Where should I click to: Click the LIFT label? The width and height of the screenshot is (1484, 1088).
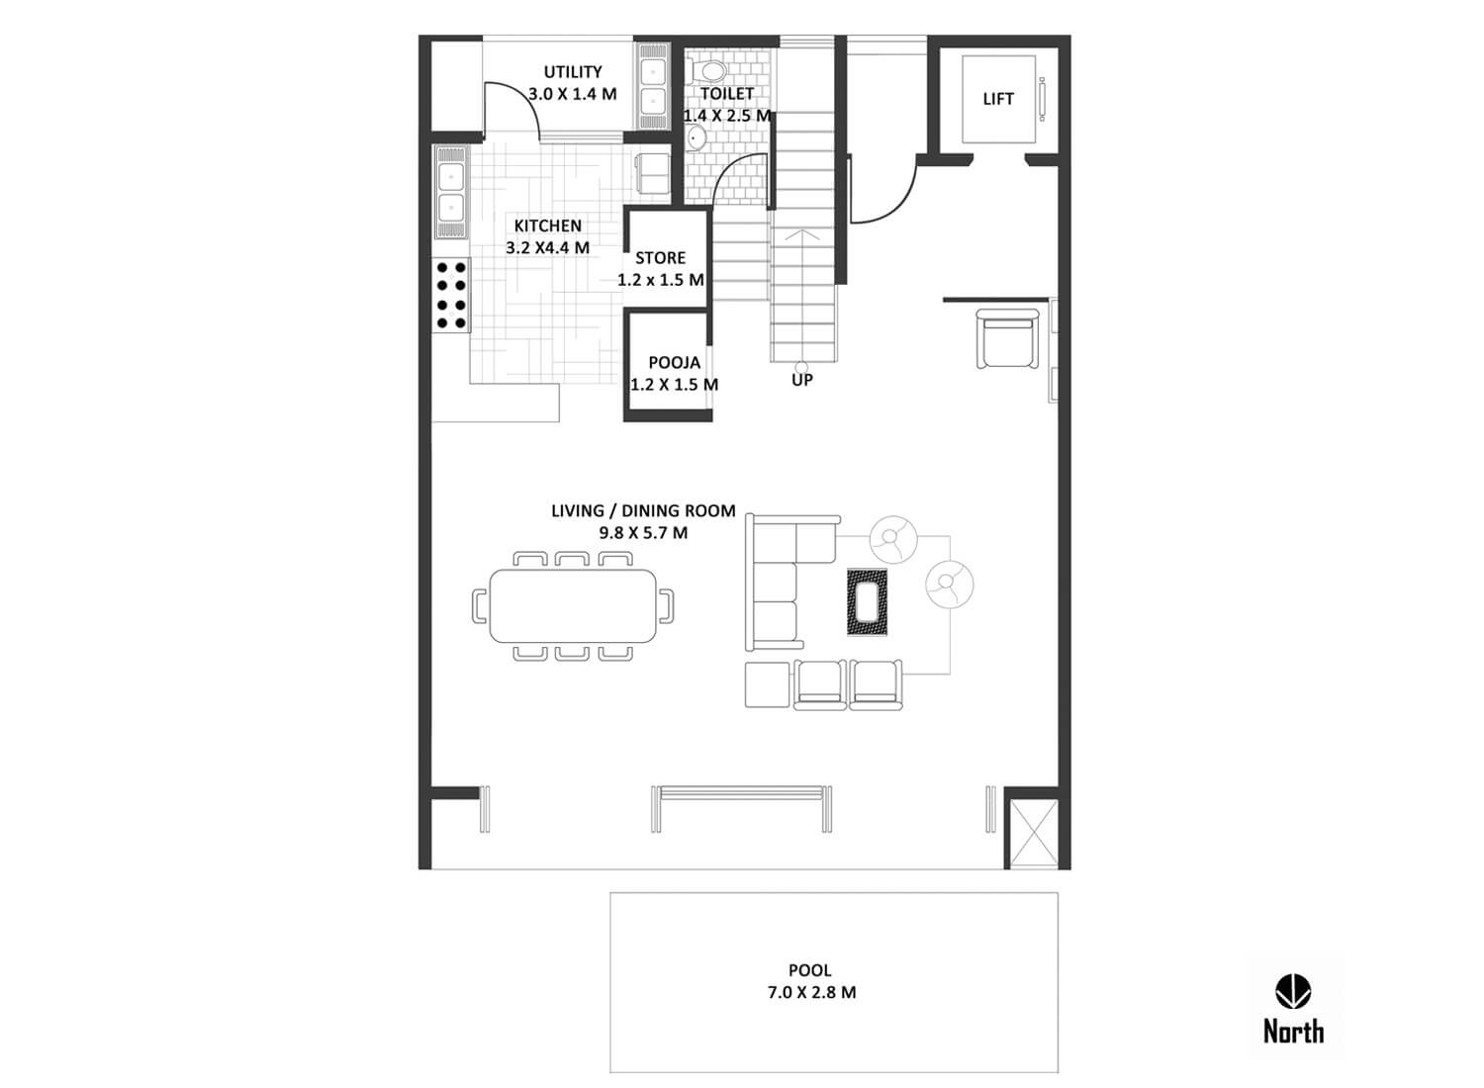coord(997,99)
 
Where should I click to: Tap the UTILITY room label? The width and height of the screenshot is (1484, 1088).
coord(573,71)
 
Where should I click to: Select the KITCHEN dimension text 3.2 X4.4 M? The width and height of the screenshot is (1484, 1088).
coord(547,247)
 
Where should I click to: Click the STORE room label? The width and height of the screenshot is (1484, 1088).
coord(660,257)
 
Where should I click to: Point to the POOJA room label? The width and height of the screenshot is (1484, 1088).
coord(674,362)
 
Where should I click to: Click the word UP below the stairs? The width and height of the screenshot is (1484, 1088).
coord(801,380)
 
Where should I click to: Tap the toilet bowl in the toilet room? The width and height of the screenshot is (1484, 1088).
coord(709,70)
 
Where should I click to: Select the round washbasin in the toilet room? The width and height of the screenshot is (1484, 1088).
coord(695,138)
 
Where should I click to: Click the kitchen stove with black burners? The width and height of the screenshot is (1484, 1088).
coord(452,295)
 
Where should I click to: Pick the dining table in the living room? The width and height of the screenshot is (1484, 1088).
coord(573,605)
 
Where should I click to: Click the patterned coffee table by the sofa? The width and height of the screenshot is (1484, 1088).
coord(868,602)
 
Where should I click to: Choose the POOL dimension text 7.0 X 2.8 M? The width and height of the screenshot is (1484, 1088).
coord(811,992)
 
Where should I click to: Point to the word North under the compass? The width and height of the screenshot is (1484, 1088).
coord(1293,1031)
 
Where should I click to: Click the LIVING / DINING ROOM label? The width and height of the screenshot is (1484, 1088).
coord(643,510)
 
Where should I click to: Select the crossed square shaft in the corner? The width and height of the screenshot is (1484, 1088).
coord(1034,833)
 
